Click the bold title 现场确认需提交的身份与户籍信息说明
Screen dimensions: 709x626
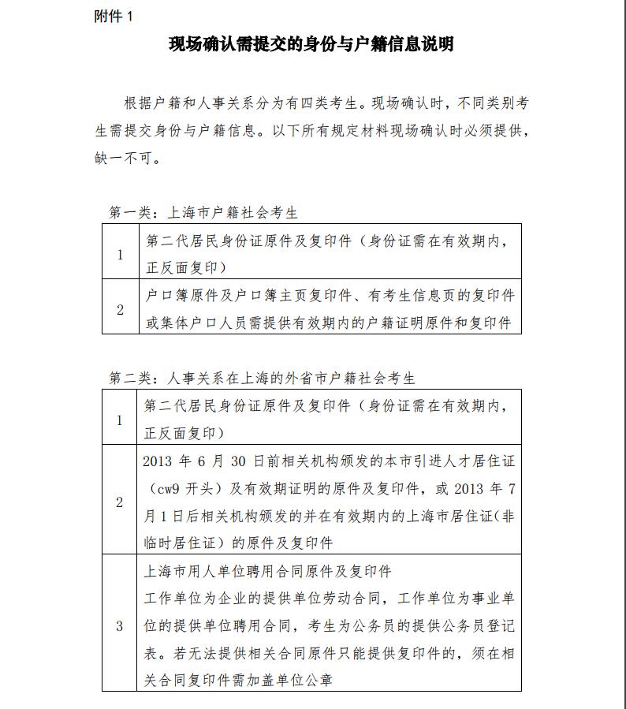311,44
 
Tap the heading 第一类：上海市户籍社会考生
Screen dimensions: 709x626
203,213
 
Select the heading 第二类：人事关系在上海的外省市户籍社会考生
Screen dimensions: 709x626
262,379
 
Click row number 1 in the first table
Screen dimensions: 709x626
120,255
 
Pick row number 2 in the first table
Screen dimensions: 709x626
120,309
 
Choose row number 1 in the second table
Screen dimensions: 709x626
120,420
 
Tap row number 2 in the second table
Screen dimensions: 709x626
120,502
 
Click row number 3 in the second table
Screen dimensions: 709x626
120,626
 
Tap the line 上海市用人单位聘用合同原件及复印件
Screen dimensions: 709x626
268,570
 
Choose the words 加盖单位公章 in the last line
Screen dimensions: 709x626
287,679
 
